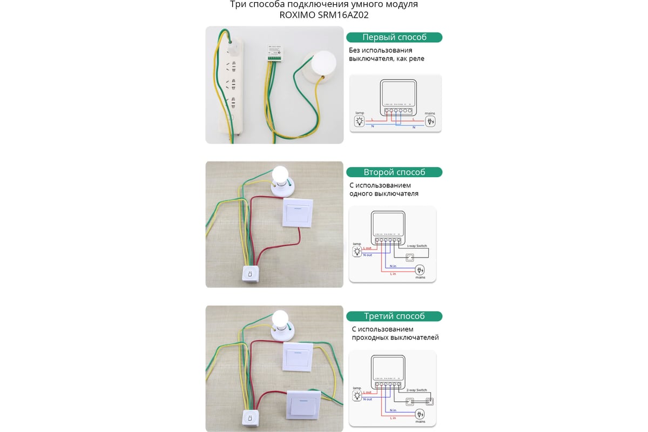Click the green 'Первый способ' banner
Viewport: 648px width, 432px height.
pyautogui.click(x=394, y=37)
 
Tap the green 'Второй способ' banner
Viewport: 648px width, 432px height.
pyautogui.click(x=394, y=172)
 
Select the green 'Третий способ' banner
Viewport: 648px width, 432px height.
pyautogui.click(x=394, y=316)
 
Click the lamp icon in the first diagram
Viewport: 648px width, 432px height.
pyautogui.click(x=360, y=121)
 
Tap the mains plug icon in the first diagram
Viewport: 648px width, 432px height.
pyautogui.click(x=430, y=121)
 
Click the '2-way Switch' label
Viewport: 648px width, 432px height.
pyautogui.click(x=417, y=390)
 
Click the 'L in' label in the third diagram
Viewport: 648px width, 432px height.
pyautogui.click(x=392, y=418)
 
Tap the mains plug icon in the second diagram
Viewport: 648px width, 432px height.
pyautogui.click(x=420, y=269)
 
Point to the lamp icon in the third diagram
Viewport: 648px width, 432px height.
pyautogui.click(x=357, y=396)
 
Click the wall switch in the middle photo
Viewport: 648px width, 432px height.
pyautogui.click(x=298, y=213)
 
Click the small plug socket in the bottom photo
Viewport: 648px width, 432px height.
pyautogui.click(x=250, y=418)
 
